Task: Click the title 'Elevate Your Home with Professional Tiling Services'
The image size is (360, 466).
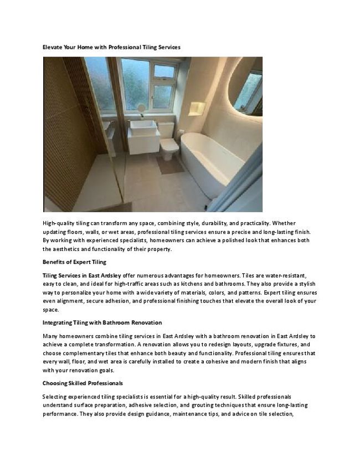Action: click(x=111, y=48)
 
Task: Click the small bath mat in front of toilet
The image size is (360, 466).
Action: click(x=170, y=165)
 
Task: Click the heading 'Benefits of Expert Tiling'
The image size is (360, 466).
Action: click(x=74, y=262)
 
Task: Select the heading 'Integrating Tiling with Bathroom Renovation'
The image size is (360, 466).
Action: click(x=102, y=322)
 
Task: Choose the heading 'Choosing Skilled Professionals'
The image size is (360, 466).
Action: click(x=83, y=383)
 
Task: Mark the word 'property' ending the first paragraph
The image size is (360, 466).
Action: click(x=159, y=249)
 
